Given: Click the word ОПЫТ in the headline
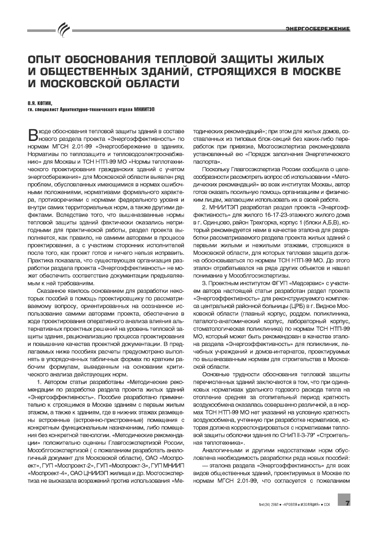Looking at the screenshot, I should point(46,60).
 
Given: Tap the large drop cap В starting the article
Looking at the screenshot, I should point(33,134).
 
